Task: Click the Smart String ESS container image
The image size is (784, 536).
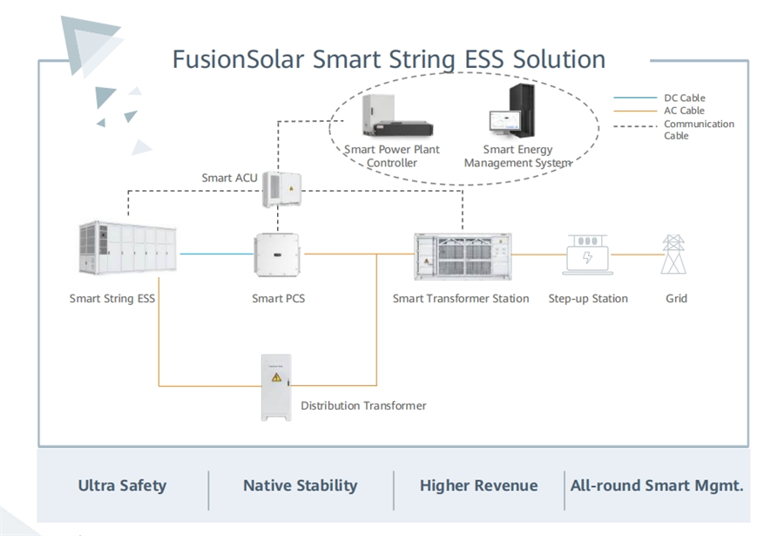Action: click(x=126, y=248)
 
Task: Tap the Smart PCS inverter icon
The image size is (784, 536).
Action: click(x=277, y=253)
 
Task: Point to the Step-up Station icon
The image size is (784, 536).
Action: click(x=588, y=255)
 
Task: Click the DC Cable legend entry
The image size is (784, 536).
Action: click(x=684, y=98)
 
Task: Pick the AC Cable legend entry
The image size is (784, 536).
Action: click(x=684, y=111)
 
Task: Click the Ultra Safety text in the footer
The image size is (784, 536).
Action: click(x=122, y=485)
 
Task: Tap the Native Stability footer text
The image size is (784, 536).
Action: click(x=300, y=485)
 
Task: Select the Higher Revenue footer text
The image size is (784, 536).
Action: click(x=478, y=485)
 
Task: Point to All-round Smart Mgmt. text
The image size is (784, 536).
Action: click(x=657, y=485)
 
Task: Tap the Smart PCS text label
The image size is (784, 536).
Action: click(x=278, y=299)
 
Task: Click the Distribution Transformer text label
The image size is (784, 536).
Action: click(x=363, y=406)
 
